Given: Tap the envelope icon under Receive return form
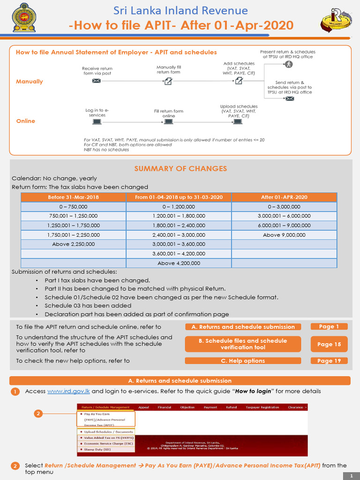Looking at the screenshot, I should [x=97, y=81].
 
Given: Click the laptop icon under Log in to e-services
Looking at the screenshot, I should [x=97, y=121].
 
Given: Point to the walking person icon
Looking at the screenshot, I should [x=289, y=64].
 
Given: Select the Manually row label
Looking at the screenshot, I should [x=30, y=82].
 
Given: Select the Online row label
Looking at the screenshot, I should [x=26, y=121].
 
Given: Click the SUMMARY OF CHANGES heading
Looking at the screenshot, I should [x=180, y=169].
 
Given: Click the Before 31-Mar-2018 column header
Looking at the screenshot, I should [x=74, y=197].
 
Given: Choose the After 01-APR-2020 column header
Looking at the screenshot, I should [x=284, y=197].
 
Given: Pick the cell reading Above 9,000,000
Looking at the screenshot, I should [x=284, y=235].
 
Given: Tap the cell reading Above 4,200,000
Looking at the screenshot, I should [x=179, y=263].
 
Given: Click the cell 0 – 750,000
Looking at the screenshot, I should [x=74, y=207].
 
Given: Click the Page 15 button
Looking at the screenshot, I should [x=329, y=344].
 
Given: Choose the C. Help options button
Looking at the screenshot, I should [x=242, y=361].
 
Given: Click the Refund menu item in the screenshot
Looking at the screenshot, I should [x=232, y=407].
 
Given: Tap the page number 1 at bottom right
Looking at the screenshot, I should [x=351, y=476].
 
